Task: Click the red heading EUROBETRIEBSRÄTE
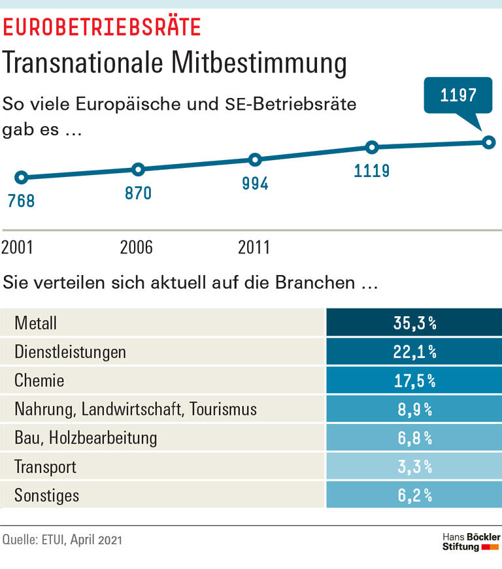coord(102,27)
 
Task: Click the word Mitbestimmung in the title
coord(259,63)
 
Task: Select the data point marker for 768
coord(21,177)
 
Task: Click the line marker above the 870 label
coord(138,169)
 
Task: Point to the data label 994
coord(255,184)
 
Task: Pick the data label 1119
coord(372,171)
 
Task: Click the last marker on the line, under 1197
coord(488,142)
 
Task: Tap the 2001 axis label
coord(17,248)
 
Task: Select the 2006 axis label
coord(136,248)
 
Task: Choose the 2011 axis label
coord(254,248)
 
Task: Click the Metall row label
coord(36,323)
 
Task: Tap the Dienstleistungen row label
coord(70,352)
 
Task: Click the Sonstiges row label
coord(46,496)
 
